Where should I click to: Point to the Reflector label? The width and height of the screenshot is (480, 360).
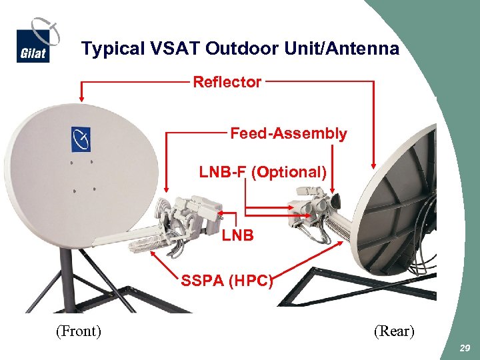pos(227,82)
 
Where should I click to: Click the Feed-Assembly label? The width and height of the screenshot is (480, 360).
pos(288,133)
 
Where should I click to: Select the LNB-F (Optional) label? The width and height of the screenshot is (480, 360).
pos(263,172)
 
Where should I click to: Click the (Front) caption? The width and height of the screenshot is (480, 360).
pos(78,331)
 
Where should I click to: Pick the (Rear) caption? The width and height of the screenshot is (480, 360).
pos(393,331)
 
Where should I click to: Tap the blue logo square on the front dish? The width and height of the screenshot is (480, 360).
pos(81,139)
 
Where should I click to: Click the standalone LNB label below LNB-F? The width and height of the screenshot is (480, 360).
pos(237,235)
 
